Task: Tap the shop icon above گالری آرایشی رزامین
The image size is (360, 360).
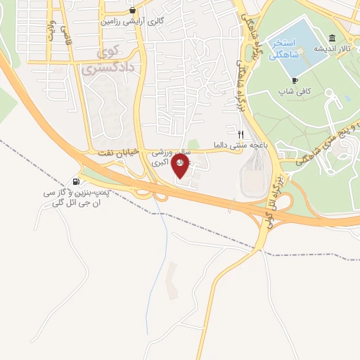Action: (x=132, y=11)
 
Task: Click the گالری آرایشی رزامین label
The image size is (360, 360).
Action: (x=136, y=22)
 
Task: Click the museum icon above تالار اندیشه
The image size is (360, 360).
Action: (x=332, y=38)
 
